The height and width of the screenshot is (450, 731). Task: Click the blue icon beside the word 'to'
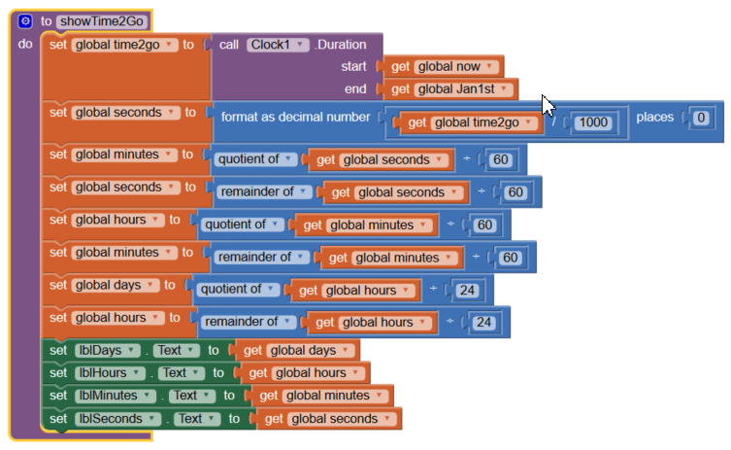pos(25,20)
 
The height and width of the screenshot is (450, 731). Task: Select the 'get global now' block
pos(445,67)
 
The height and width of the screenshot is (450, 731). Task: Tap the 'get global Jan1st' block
pos(451,89)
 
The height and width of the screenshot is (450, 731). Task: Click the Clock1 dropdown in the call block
pos(278,45)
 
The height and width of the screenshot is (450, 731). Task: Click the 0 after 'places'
pos(701,119)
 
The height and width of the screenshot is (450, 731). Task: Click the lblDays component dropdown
pos(110,350)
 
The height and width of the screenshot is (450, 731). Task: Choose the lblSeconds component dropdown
pos(117,419)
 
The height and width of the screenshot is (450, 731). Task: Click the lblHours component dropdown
pos(113,372)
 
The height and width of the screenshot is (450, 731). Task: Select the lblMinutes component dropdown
pos(117,396)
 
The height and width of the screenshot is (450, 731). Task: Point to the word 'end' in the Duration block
pos(355,89)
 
